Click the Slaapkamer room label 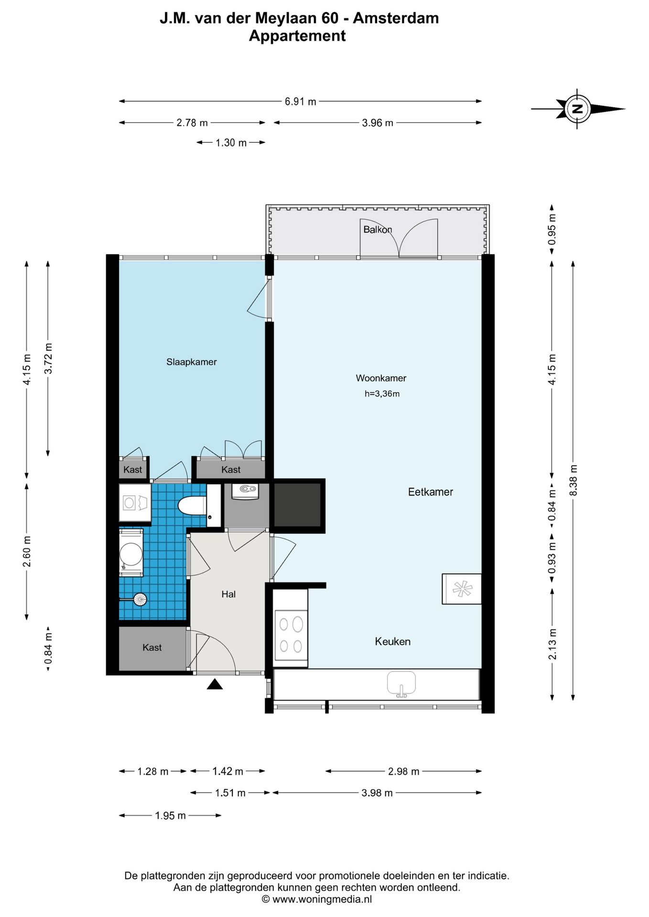191,362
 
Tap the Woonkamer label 381,378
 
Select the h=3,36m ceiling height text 382,394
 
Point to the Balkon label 378,229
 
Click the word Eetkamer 430,492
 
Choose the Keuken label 392,641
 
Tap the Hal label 228,594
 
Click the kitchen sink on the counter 401,684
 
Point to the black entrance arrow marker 215,684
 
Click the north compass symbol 577,109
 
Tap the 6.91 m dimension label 301,101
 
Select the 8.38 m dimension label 573,480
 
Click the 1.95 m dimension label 170,815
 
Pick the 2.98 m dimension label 404,771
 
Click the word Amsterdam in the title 396,18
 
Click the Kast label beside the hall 152,648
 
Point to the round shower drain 140,599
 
